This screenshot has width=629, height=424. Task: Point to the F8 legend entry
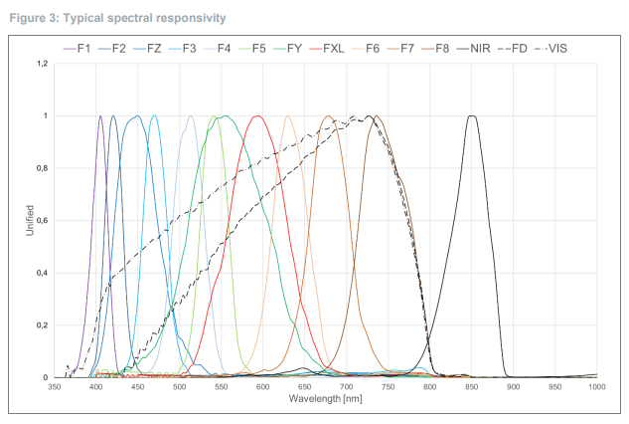click(x=434, y=47)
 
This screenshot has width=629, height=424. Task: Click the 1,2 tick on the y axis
click(x=42, y=64)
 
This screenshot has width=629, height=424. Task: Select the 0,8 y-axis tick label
click(x=42, y=168)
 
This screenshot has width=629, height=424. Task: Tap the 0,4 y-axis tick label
click(x=42, y=273)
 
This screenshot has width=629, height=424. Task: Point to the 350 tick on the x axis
click(x=56, y=387)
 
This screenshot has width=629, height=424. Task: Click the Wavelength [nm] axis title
click(x=325, y=398)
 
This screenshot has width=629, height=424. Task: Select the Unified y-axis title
click(x=30, y=220)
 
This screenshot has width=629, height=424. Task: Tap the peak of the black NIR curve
click(x=472, y=116)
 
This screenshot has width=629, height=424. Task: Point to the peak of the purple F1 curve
click(x=100, y=116)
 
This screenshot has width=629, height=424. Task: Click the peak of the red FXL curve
click(x=258, y=116)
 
